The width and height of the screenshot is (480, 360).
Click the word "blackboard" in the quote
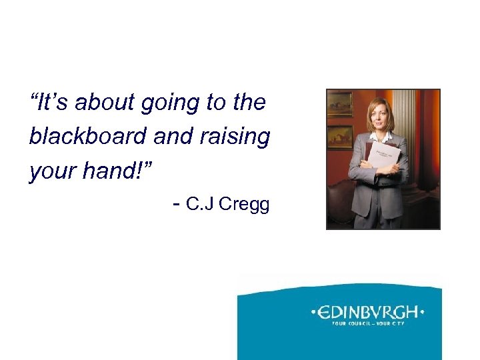click(89, 137)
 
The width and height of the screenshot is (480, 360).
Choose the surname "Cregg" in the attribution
click(244, 205)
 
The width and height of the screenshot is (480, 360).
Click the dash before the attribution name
click(176, 204)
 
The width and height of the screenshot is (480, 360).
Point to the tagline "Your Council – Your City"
click(368, 325)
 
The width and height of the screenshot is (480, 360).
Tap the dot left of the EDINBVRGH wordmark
click(314, 311)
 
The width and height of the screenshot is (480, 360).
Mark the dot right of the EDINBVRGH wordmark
click(422, 311)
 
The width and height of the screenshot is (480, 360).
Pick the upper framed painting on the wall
click(340, 104)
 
